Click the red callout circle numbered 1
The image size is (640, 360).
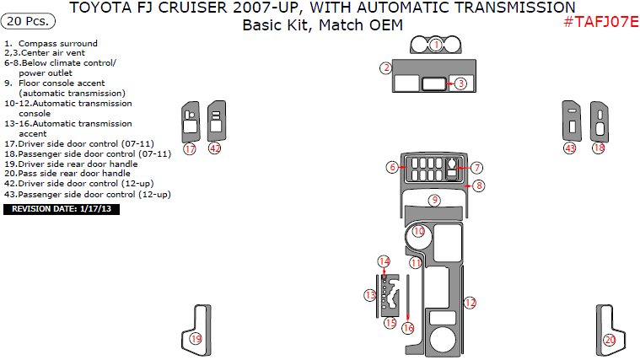pos(436,45)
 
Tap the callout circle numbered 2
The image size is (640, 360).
pos(385,68)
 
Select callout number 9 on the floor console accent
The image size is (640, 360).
pos(434,201)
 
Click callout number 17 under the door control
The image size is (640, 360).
pos(190,149)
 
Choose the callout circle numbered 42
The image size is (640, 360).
pos(215,149)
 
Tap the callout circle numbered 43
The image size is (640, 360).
pos(570,148)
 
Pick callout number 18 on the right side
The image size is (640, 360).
pos(599,148)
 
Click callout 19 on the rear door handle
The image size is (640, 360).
pos(196,339)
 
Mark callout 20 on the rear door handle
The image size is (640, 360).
pos(610,340)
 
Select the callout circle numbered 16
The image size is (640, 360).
pos(408,328)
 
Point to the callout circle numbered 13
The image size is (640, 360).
pos(370,294)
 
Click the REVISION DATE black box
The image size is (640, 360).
pos(62,208)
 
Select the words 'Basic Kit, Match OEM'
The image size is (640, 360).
pos(322,25)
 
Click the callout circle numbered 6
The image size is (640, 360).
pos(392,168)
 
